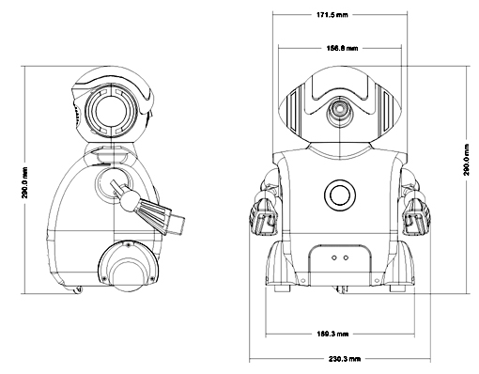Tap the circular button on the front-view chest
click(338, 196)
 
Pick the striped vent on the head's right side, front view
click(381, 109)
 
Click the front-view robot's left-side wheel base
click(279, 268)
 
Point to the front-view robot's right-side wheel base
click(398, 268)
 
